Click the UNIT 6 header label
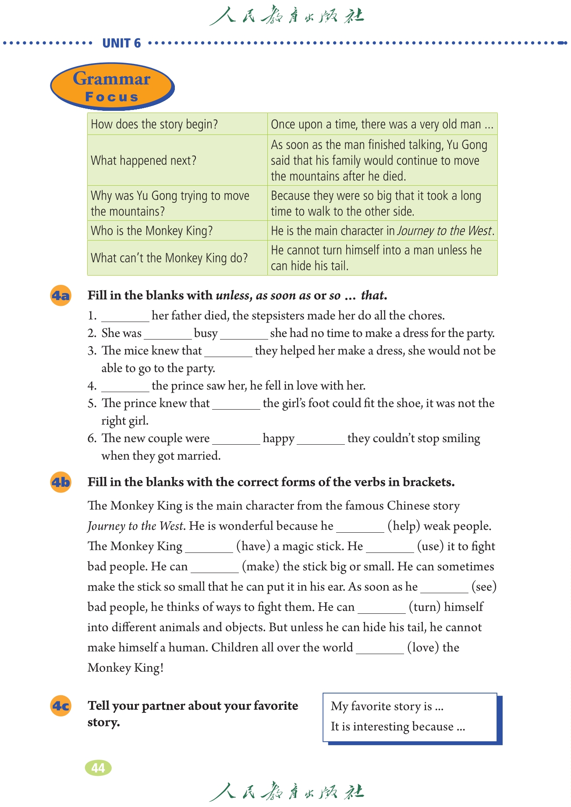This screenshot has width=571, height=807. click(x=121, y=43)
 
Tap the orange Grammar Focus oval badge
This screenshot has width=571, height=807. click(x=112, y=86)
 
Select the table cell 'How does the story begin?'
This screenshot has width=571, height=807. click(x=154, y=124)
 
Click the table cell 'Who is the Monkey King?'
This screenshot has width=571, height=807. click(x=152, y=231)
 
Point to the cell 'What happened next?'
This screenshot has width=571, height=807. click(x=144, y=160)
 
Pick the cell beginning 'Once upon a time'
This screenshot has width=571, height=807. click(x=382, y=124)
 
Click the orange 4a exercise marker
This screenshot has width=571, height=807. click(x=61, y=296)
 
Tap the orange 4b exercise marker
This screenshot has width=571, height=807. click(x=61, y=482)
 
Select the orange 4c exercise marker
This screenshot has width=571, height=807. click(x=61, y=706)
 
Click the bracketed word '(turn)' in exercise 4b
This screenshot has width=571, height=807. click(x=425, y=607)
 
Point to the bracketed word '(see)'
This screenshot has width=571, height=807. click(x=484, y=587)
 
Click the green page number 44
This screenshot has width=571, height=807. click(x=98, y=768)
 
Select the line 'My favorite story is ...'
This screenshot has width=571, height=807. click(x=387, y=706)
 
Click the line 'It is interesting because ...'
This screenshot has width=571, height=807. click(x=397, y=726)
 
